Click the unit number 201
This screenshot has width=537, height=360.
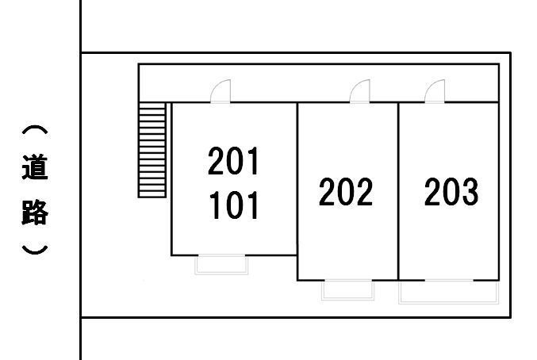point(233,161)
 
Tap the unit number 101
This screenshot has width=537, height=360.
point(233,205)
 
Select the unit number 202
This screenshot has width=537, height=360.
point(346,191)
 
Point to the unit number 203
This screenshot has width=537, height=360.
point(451,191)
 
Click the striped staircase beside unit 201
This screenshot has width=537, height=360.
point(152,150)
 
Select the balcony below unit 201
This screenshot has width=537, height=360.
point(221,265)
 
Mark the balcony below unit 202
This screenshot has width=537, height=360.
point(348,290)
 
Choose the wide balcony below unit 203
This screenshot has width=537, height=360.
point(449,292)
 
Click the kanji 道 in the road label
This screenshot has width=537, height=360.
point(35,167)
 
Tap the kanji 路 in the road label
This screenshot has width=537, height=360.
point(35,213)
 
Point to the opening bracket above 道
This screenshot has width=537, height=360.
point(35,130)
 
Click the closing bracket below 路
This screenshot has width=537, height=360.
point(35,250)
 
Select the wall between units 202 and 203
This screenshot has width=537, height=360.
point(398,191)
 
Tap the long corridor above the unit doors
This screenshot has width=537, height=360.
point(319,83)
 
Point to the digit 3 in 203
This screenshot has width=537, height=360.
point(470,191)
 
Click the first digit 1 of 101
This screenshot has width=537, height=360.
point(215,205)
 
